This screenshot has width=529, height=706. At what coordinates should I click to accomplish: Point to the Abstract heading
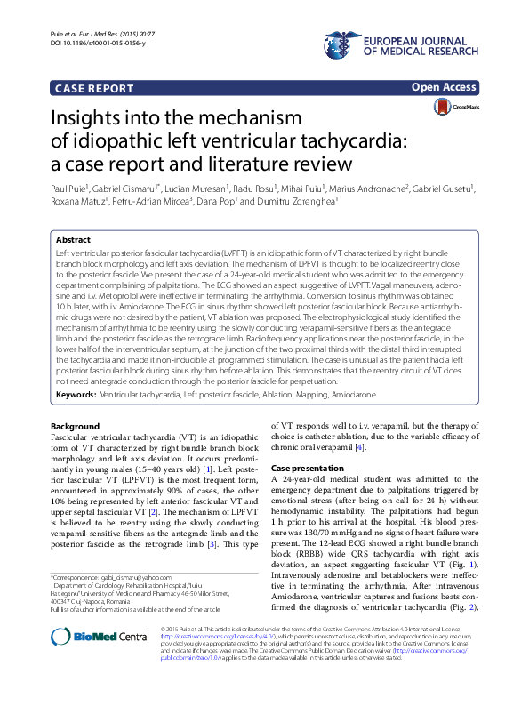[73, 240]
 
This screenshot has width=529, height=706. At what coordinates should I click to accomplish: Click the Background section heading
[76, 426]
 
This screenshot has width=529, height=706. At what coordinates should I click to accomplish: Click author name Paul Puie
[73, 189]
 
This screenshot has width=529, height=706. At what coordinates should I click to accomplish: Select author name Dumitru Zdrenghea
[301, 202]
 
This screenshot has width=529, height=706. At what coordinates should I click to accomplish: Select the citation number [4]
[361, 446]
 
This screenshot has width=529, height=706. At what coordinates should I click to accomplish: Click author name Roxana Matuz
[78, 202]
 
